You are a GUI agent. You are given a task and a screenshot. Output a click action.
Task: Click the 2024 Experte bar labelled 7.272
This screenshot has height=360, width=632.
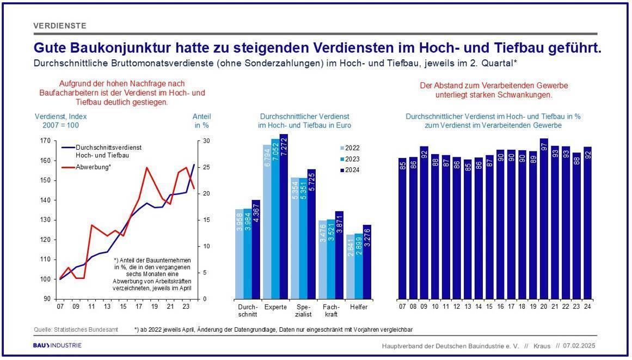pyautogui.click(x=284, y=216)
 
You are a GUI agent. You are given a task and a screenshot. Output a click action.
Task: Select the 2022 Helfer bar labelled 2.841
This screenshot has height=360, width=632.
pyautogui.click(x=350, y=267)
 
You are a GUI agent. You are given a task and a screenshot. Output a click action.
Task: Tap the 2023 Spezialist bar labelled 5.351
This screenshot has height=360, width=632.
pyautogui.click(x=303, y=238)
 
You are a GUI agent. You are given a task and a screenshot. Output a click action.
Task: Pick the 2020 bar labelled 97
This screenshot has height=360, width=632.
pyautogui.click(x=544, y=219)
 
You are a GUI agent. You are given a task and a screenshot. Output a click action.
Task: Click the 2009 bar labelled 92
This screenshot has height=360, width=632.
pyautogui.click(x=424, y=223)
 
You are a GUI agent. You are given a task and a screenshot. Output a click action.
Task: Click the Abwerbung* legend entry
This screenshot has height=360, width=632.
pyautogui.click(x=86, y=167)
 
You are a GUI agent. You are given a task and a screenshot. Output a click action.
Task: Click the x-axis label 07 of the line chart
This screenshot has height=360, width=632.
pyautogui.click(x=60, y=307)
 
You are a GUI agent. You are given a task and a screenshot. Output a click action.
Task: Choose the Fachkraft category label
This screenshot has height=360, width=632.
pyautogui.click(x=330, y=310)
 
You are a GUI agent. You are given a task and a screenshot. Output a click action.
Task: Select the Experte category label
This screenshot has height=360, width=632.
pyautogui.click(x=275, y=307)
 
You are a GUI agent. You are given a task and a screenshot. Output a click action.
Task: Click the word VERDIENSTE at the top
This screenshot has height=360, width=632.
pyautogui.click(x=60, y=26)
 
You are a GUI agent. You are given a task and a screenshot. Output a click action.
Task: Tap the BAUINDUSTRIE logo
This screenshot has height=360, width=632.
pyautogui.click(x=57, y=345)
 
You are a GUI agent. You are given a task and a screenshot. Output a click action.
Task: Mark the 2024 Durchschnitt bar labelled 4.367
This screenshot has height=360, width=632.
pyautogui.click(x=256, y=249)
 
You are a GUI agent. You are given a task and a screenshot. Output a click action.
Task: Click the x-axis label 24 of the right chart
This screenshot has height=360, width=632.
pyautogui.click(x=588, y=307)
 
